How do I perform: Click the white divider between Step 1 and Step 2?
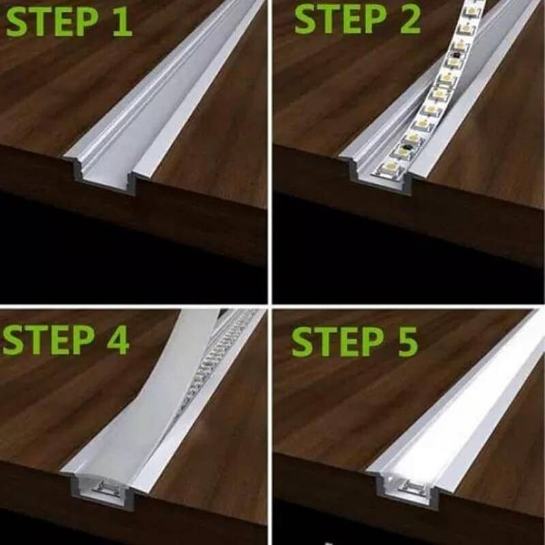point(270,150)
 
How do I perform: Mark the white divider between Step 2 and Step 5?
point(409,305)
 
